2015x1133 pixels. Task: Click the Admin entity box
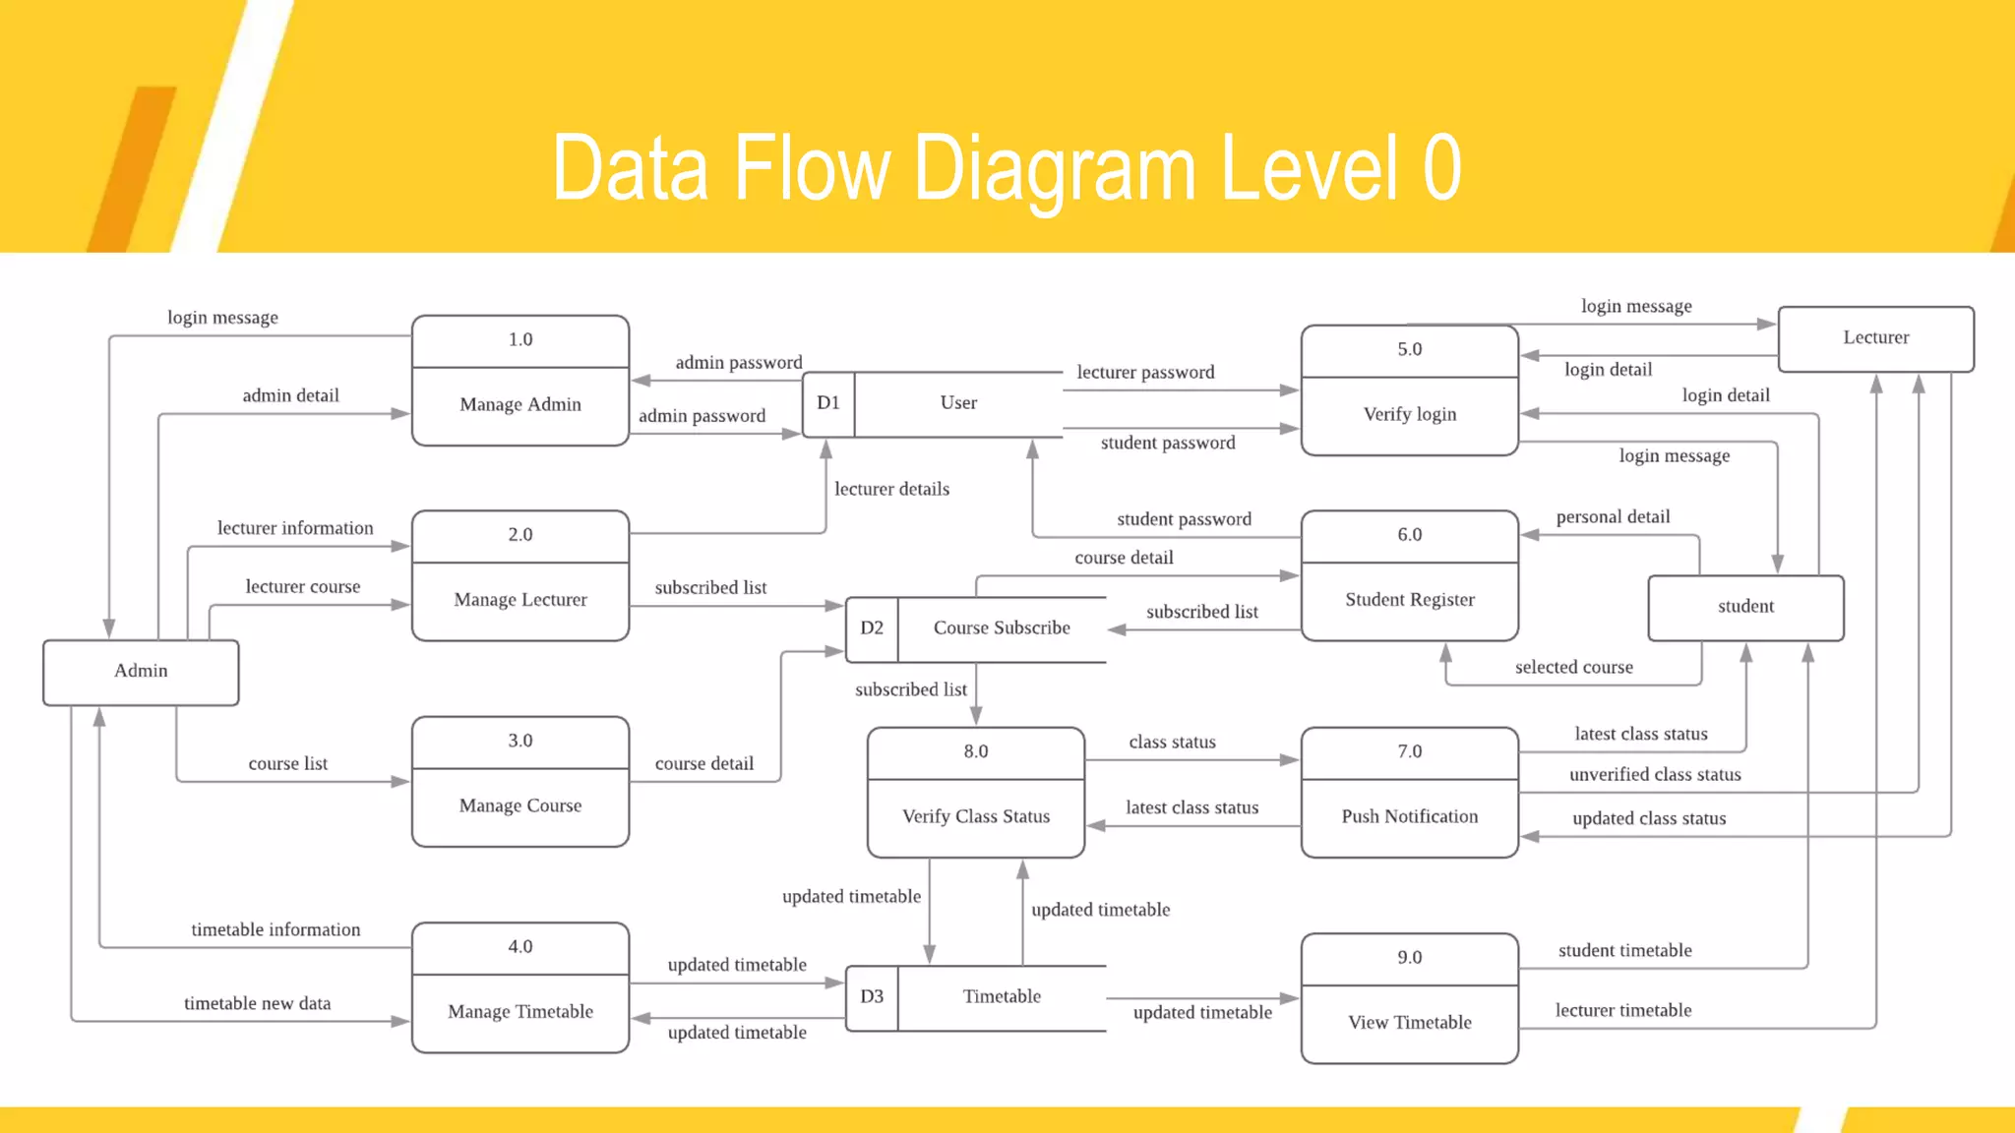[141, 671]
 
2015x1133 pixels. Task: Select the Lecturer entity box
[1875, 337]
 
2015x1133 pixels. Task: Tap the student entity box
[1745, 607]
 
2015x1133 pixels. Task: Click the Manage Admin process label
[519, 404]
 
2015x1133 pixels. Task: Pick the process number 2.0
[519, 535]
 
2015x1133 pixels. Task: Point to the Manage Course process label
[519, 805]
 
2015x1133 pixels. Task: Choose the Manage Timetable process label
[519, 1011]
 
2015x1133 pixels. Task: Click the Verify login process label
[1409, 414]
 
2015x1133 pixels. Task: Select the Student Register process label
[1409, 600]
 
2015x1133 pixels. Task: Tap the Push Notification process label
[1409, 816]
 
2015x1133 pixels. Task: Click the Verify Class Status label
[975, 816]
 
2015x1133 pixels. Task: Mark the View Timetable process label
[1409, 1022]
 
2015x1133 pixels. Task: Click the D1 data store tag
[828, 403]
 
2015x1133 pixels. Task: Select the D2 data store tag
[872, 628]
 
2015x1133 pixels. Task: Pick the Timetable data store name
[1002, 996]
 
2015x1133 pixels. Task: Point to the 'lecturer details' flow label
[891, 489]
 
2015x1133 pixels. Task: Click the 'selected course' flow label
[1573, 667]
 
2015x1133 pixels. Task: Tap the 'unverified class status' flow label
[1655, 774]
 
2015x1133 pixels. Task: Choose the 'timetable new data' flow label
[257, 1003]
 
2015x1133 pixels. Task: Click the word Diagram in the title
[1056, 169]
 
